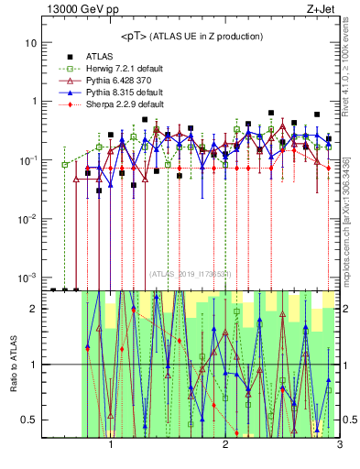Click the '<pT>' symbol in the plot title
[x=135, y=36]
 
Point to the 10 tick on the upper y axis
[x=31, y=43]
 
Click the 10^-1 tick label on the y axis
[x=28, y=160]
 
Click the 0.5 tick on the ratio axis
[x=29, y=420]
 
